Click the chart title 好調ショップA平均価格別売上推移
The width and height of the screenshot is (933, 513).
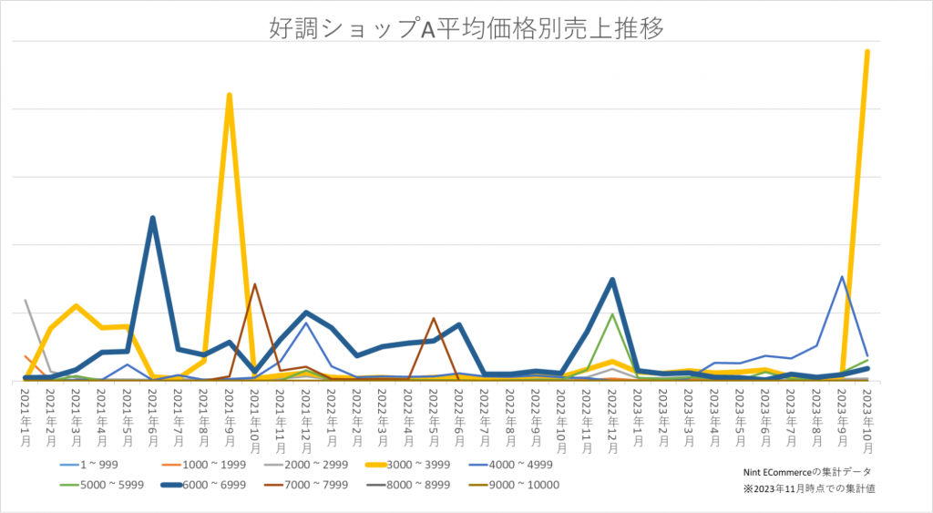pyautogui.click(x=466, y=27)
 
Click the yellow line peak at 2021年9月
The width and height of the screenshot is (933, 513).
pyautogui.click(x=230, y=95)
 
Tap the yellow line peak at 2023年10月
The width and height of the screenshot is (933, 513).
pyautogui.click(x=866, y=52)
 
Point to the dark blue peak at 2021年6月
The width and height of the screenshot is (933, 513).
pyautogui.click(x=153, y=219)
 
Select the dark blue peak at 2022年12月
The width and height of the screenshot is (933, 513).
pyautogui.click(x=612, y=280)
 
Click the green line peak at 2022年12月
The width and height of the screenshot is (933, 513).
pyautogui.click(x=612, y=314)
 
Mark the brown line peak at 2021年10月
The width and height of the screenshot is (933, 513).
pyautogui.click(x=255, y=284)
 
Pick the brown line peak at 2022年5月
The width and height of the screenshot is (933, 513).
pyautogui.click(x=434, y=319)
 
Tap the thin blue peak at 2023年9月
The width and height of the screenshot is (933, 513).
pyautogui.click(x=842, y=277)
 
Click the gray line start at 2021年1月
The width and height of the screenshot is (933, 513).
pyautogui.click(x=26, y=301)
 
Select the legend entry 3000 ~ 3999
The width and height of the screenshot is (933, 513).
pyautogui.click(x=420, y=465)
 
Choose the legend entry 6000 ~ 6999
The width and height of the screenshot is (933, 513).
pyautogui.click(x=202, y=485)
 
